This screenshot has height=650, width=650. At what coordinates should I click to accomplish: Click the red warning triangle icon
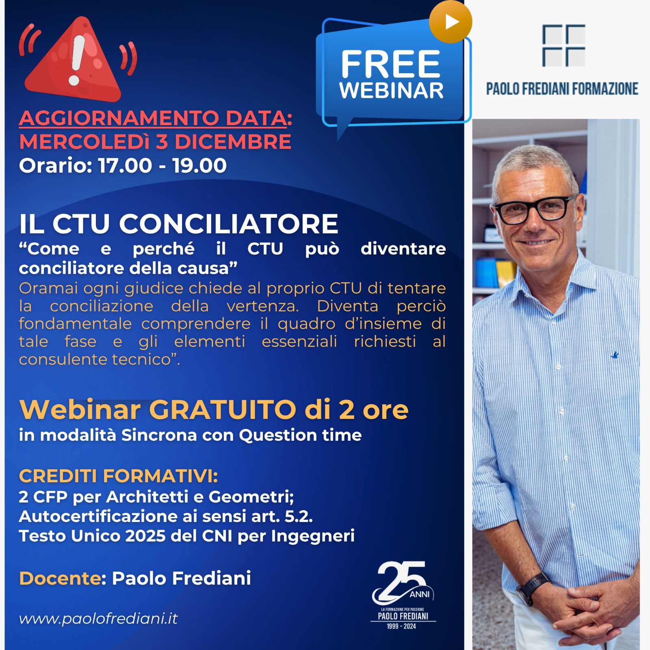[x=73, y=61]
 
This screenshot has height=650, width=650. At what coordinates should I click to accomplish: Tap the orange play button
[x=451, y=22]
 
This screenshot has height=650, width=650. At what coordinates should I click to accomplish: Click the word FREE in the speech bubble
[x=390, y=64]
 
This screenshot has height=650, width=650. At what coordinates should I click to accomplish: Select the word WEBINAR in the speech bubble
[x=391, y=90]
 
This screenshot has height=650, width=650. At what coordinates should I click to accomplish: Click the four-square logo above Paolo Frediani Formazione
[x=564, y=45]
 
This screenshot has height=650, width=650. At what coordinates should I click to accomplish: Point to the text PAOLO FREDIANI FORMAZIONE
[x=562, y=89]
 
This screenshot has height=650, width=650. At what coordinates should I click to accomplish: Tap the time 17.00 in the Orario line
[x=125, y=165]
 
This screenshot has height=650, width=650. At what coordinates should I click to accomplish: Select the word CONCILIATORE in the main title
[x=229, y=224]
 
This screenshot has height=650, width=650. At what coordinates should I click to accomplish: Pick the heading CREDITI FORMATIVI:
[x=118, y=476]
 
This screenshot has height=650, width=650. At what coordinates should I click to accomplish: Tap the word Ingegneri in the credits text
[x=313, y=536]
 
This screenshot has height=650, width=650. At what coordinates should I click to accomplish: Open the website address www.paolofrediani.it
[x=98, y=618]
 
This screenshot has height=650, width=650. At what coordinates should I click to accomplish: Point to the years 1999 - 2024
[x=401, y=626]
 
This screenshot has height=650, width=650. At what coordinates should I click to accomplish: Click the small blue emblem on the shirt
[x=615, y=355]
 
